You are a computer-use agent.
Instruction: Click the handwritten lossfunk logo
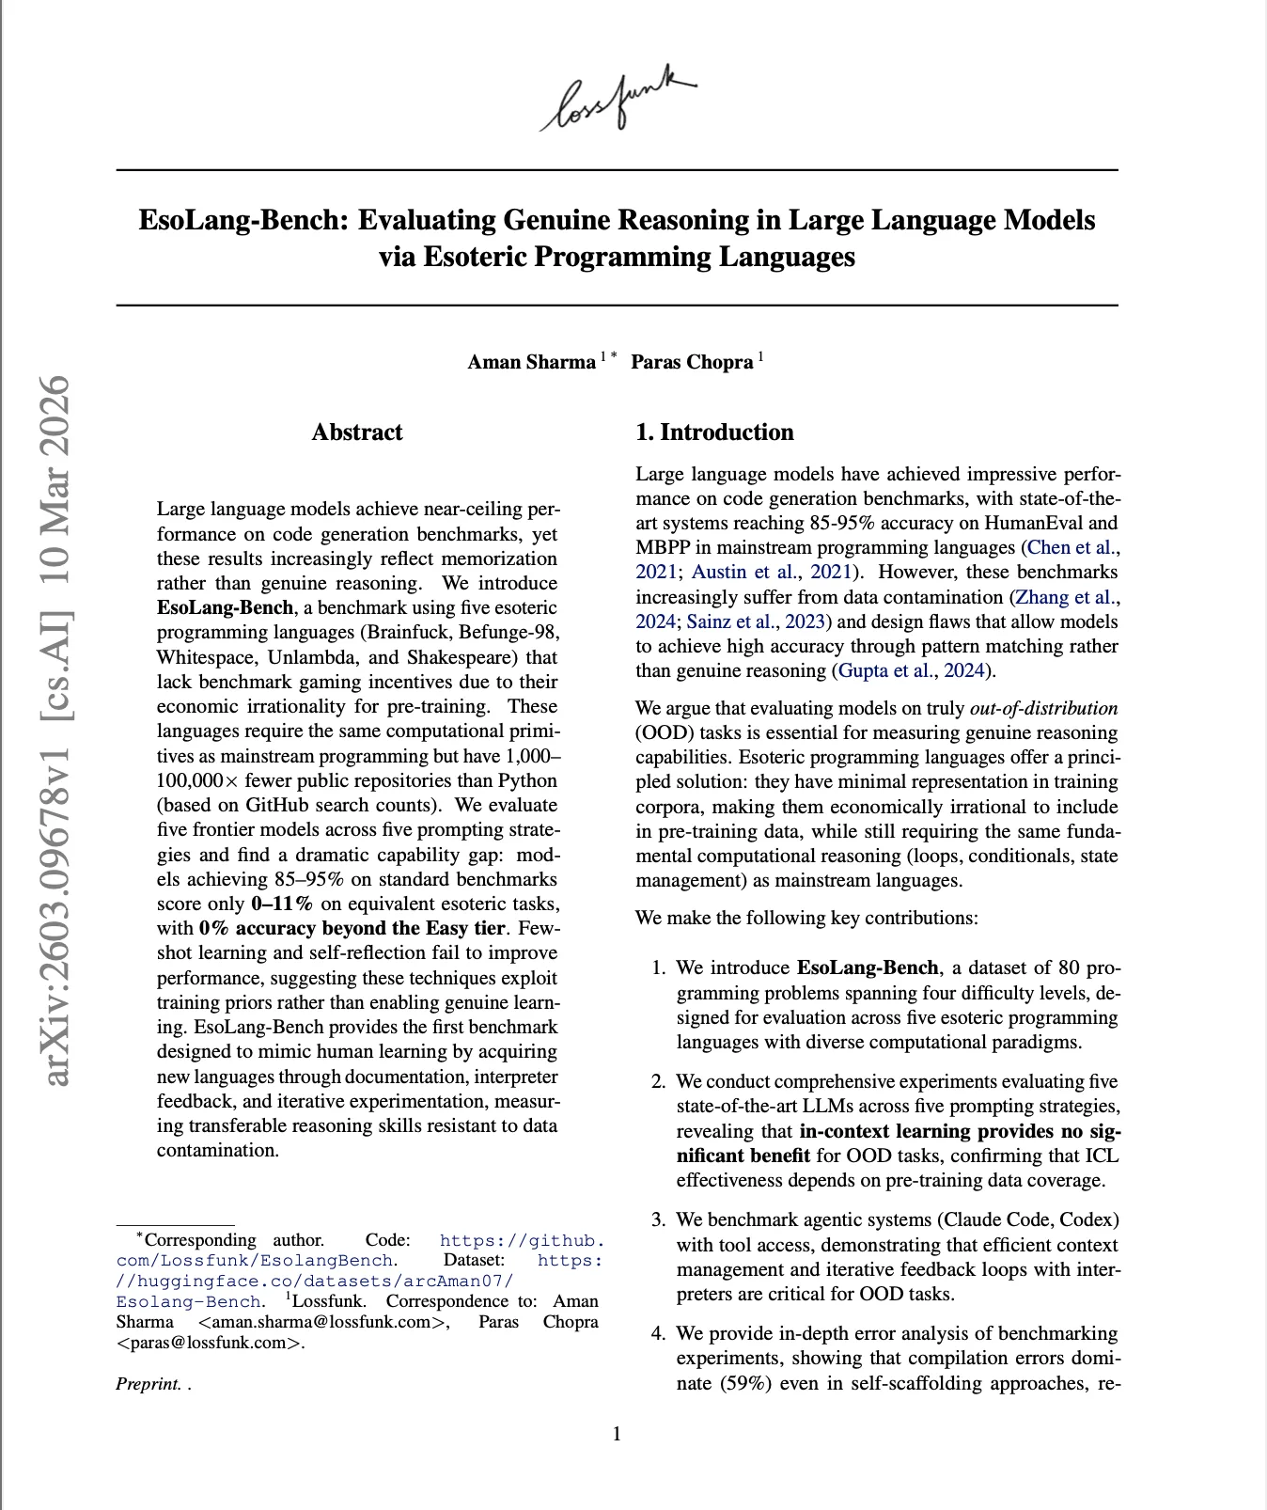pyautogui.click(x=618, y=99)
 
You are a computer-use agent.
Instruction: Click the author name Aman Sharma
pyautogui.click(x=531, y=362)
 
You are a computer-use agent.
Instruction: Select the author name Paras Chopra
pyautogui.click(x=692, y=362)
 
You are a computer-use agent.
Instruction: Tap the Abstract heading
pyautogui.click(x=357, y=433)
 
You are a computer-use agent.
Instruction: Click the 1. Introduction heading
pyautogui.click(x=714, y=433)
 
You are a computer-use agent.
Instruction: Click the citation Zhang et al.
pyautogui.click(x=1065, y=597)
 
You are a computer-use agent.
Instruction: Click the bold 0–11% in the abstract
pyautogui.click(x=282, y=904)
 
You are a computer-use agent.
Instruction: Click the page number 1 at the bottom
pyautogui.click(x=617, y=1434)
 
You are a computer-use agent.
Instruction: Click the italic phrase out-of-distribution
pyautogui.click(x=1043, y=708)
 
